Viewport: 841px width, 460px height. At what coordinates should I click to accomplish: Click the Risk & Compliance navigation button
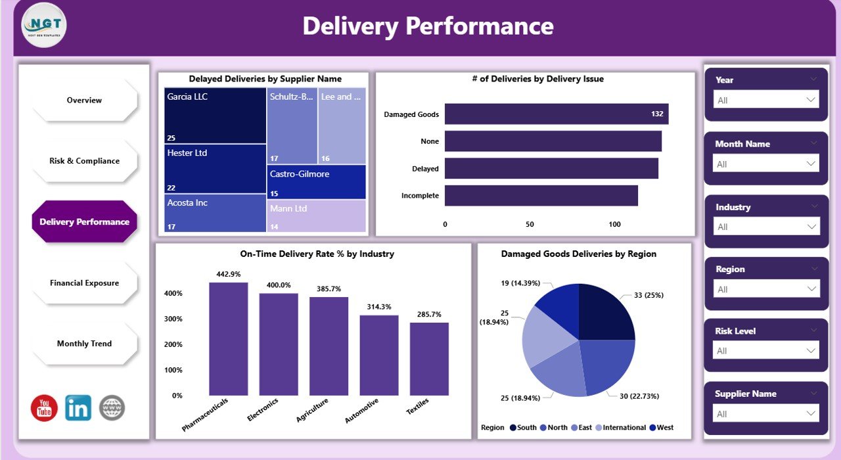click(84, 161)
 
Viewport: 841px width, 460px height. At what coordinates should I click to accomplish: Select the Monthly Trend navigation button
click(84, 344)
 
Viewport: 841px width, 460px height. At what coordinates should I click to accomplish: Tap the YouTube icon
click(44, 408)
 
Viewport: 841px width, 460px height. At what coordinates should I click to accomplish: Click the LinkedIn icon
click(78, 408)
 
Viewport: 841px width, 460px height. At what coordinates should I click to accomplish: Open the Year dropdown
click(766, 100)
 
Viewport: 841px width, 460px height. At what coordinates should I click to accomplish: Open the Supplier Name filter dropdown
click(766, 414)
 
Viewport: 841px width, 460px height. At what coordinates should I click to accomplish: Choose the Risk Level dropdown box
click(766, 351)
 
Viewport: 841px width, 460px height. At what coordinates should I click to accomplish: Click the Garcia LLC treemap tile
click(216, 116)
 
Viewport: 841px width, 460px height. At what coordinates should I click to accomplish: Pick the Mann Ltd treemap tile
click(317, 216)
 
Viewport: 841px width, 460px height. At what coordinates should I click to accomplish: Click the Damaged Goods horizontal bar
click(556, 114)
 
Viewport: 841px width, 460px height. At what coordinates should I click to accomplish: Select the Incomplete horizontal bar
click(541, 196)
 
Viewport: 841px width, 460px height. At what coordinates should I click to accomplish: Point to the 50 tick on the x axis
click(530, 225)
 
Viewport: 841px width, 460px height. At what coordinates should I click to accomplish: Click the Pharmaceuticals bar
click(229, 339)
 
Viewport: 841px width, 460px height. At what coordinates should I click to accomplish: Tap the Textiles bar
click(429, 359)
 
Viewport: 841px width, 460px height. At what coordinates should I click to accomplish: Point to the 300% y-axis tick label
click(173, 319)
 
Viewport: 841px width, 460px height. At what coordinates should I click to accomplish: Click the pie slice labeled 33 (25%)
click(606, 313)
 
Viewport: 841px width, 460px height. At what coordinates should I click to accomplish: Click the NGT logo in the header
click(44, 25)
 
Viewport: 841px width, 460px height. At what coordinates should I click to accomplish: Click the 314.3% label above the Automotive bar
click(379, 307)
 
